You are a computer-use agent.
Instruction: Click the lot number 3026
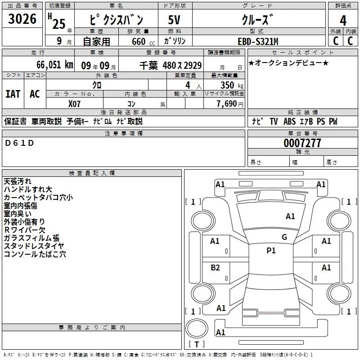tap(22, 19)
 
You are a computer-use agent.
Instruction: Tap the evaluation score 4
tap(343, 21)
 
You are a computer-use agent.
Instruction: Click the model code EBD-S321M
tap(258, 41)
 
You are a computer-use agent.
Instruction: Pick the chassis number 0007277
tap(302, 143)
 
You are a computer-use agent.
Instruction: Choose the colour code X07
tap(75, 103)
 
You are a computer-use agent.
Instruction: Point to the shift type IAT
tap(13, 94)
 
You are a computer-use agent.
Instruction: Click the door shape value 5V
tap(175, 20)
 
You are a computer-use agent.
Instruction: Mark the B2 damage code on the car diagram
tap(215, 268)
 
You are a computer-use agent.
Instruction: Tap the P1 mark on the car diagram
tap(271, 251)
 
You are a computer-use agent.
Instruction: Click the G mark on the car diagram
tap(284, 237)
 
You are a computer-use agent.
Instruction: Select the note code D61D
tap(20, 143)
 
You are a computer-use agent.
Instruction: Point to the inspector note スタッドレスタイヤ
tap(34, 246)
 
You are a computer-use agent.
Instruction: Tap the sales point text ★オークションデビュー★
tap(288, 63)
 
